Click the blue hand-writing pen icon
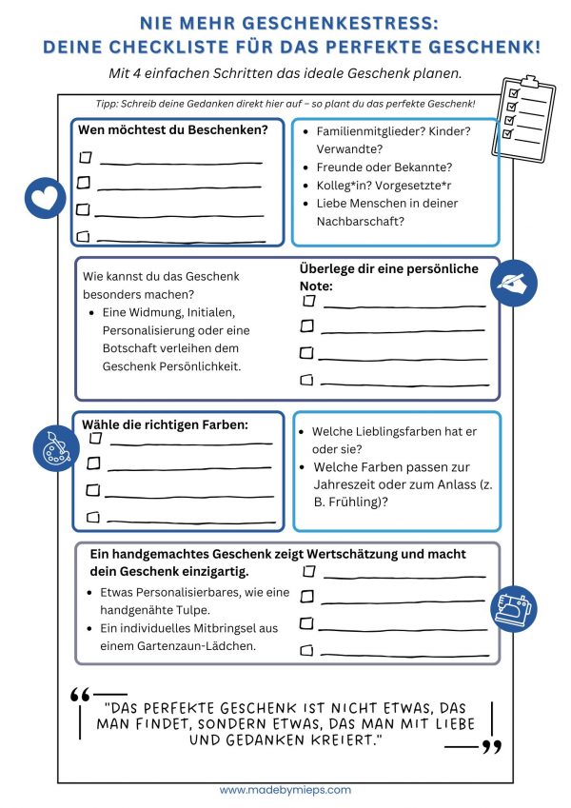point(515,282)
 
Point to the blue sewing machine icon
point(514,606)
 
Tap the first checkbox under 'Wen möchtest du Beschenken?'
point(84,157)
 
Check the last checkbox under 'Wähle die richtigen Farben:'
point(93,517)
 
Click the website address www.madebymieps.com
point(285,790)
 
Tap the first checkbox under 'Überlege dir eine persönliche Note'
point(308,301)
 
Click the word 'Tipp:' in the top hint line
point(109,104)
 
